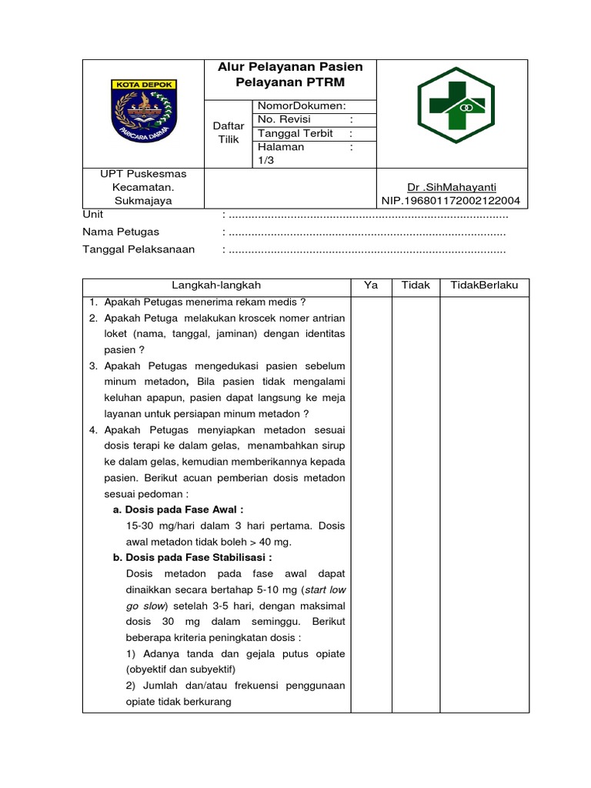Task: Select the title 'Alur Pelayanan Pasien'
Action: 290,67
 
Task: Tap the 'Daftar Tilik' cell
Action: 229,132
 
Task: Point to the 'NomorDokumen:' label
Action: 302,106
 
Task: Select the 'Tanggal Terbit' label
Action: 295,133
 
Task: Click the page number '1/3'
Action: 266,160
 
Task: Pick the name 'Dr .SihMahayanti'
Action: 450,187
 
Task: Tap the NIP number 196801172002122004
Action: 450,201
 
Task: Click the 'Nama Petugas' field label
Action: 121,232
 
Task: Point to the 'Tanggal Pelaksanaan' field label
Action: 139,249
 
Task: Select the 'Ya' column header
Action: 371,285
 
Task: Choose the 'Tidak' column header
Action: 416,285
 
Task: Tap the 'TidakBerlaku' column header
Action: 484,285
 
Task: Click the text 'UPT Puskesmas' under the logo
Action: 143,174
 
